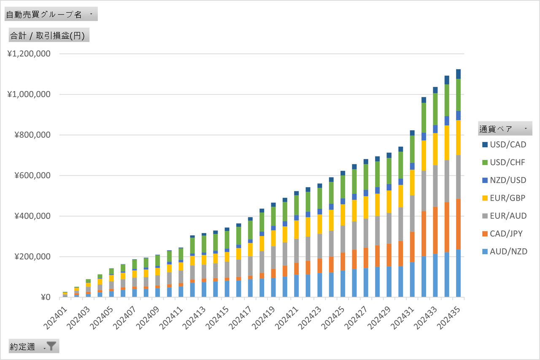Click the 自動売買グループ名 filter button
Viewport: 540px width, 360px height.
51,14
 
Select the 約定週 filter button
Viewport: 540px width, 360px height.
34,347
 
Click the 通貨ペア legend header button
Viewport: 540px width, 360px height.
505,129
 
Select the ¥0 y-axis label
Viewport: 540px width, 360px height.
44,297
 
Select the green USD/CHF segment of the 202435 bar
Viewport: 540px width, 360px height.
458,95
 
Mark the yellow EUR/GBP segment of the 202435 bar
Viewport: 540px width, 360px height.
458,137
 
